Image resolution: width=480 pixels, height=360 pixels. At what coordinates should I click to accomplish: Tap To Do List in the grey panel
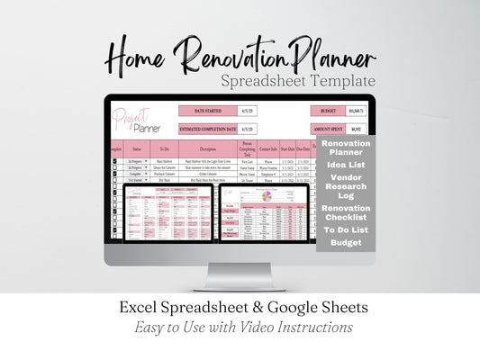[x=346, y=230]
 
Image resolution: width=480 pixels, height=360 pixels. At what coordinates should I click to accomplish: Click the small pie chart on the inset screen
[x=266, y=195]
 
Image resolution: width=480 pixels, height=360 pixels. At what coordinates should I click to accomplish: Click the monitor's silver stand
[x=240, y=274]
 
